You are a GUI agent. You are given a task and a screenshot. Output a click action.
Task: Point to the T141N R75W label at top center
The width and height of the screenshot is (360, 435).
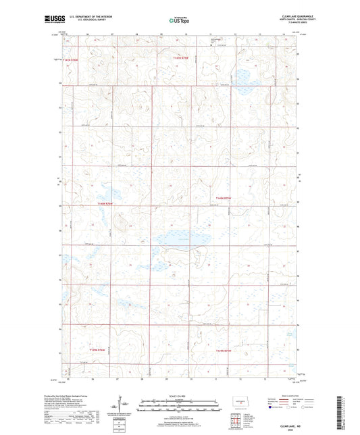click(x=177, y=59)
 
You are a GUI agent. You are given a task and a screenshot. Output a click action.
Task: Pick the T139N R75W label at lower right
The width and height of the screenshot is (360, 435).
click(x=224, y=351)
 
